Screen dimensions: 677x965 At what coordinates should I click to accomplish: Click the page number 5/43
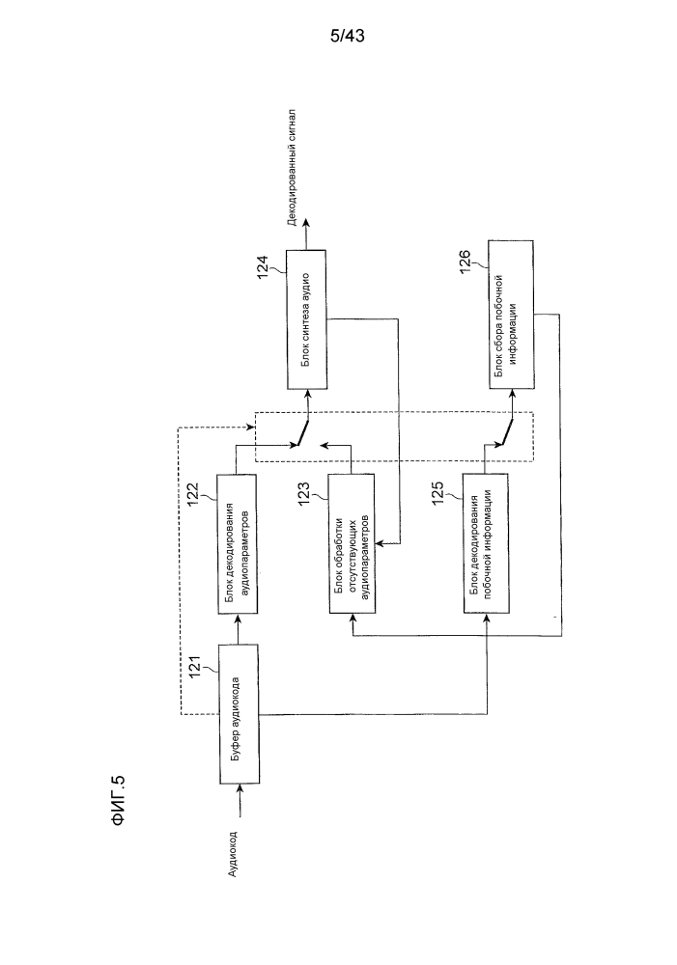pos(348,37)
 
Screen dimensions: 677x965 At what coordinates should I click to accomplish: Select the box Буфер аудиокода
pos(239,714)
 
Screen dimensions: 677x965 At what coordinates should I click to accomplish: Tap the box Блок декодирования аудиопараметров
pos(238,543)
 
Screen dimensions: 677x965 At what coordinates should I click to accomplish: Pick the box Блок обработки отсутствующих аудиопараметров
pos(351,543)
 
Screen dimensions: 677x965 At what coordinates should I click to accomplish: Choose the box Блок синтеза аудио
pos(307,319)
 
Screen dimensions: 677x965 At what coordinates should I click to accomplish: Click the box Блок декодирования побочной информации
pos(486,543)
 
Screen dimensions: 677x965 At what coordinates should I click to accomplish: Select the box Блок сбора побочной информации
pos(511,315)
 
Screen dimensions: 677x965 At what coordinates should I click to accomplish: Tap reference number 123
pos(304,494)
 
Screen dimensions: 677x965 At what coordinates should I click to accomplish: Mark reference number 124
pos(263,267)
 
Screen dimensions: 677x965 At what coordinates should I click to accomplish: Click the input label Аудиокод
pos(232,854)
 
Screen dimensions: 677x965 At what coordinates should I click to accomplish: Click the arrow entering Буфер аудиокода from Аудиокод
pos(239,801)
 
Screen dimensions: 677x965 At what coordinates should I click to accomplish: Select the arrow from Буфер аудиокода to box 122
pos(238,629)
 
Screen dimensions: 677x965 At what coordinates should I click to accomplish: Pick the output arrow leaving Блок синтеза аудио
pos(306,237)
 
